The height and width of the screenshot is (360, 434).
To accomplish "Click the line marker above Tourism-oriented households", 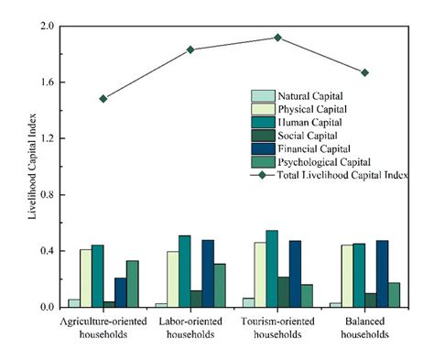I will (277, 38).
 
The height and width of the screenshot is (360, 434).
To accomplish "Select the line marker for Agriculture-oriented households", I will (103, 98).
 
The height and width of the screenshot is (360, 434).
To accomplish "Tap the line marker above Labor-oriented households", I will (190, 49).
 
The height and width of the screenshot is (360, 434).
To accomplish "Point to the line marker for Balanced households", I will (364, 72).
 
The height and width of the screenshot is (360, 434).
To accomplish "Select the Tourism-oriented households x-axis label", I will (277, 328).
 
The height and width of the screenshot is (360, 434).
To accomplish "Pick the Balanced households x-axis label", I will (364, 328).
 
